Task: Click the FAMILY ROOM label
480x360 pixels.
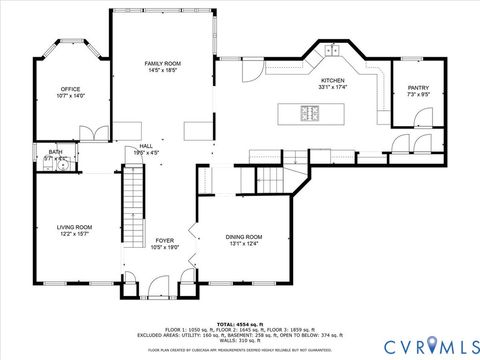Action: tap(161, 63)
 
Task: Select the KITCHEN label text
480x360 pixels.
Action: tap(332, 80)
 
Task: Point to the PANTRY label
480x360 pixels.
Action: tap(418, 88)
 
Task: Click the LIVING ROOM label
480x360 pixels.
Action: tap(74, 227)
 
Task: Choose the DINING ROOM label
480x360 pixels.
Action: tap(244, 236)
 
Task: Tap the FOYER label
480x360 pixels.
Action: tap(164, 240)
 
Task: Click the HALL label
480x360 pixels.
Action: tap(146, 145)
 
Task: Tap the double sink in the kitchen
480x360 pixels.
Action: tap(332, 49)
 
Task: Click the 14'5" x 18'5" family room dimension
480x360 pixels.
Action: tap(161, 71)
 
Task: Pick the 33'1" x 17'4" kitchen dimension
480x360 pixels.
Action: tap(332, 88)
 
